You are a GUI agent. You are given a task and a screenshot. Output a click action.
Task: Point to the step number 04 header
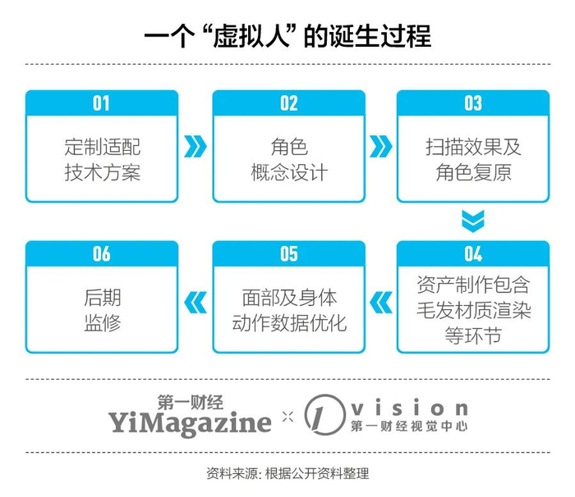click(x=473, y=253)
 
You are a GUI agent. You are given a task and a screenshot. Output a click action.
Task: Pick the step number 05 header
click(x=288, y=253)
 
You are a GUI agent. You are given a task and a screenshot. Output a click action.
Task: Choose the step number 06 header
click(x=101, y=253)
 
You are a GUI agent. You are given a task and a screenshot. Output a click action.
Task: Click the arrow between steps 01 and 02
click(x=195, y=147)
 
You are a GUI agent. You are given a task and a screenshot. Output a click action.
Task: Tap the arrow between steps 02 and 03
click(x=381, y=147)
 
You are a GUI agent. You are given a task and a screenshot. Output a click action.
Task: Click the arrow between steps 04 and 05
click(x=381, y=302)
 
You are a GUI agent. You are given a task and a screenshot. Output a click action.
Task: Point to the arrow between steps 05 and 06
click(x=195, y=302)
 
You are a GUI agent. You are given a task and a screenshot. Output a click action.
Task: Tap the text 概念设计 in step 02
click(x=288, y=172)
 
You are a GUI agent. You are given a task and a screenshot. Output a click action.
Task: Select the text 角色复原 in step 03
click(x=473, y=172)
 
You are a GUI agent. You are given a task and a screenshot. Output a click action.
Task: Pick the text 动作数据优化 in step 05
click(x=288, y=321)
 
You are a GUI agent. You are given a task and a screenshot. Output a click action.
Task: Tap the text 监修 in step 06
click(x=102, y=321)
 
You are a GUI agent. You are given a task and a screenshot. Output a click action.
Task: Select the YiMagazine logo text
click(x=190, y=422)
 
